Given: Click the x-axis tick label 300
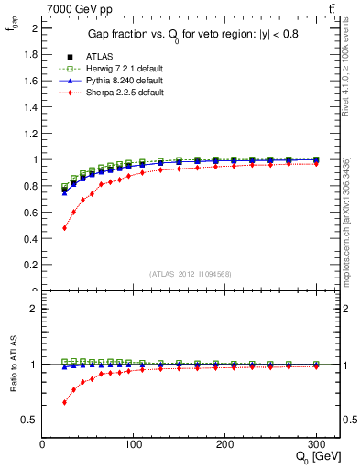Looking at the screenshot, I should tap(315, 444).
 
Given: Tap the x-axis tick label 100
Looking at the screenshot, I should tap(134, 444).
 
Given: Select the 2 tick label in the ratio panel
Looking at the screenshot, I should tap(34, 309).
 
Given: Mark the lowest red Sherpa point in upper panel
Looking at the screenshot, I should tap(64, 227).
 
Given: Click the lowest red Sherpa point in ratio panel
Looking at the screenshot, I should tap(64, 402).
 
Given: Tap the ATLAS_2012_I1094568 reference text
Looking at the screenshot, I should tap(191, 274).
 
